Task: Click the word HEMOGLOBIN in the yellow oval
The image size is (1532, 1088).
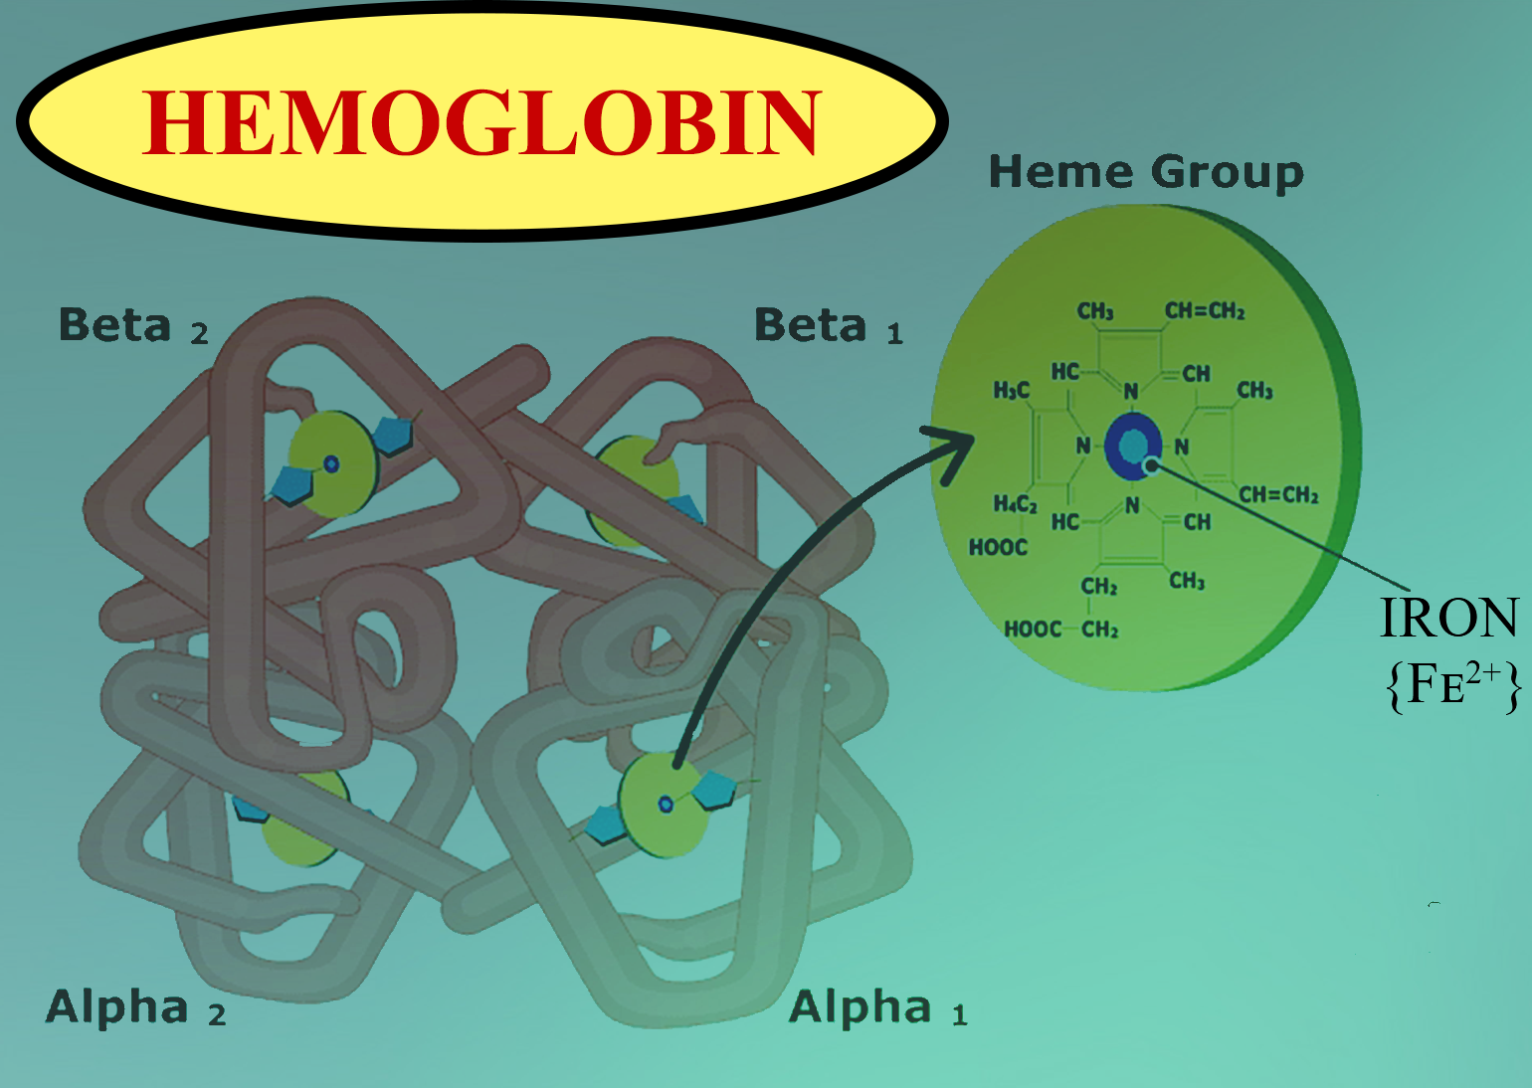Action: [481, 123]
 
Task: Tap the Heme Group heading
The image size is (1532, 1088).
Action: [1145, 173]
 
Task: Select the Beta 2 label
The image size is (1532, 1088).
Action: [133, 326]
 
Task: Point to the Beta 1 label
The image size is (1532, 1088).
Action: [829, 326]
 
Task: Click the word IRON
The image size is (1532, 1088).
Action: [1448, 619]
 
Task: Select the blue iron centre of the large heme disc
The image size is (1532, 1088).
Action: [1133, 447]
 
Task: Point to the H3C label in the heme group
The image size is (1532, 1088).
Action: [1012, 391]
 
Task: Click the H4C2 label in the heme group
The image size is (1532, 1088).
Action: [1015, 504]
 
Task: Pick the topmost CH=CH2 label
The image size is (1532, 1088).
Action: [1205, 311]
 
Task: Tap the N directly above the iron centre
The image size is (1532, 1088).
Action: [1131, 391]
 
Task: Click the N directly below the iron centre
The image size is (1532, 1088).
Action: [1132, 505]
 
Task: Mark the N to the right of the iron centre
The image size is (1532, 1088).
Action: [1182, 447]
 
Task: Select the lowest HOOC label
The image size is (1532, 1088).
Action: [1033, 630]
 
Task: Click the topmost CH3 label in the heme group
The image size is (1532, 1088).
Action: [1095, 311]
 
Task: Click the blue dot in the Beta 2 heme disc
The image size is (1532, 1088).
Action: [332, 463]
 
